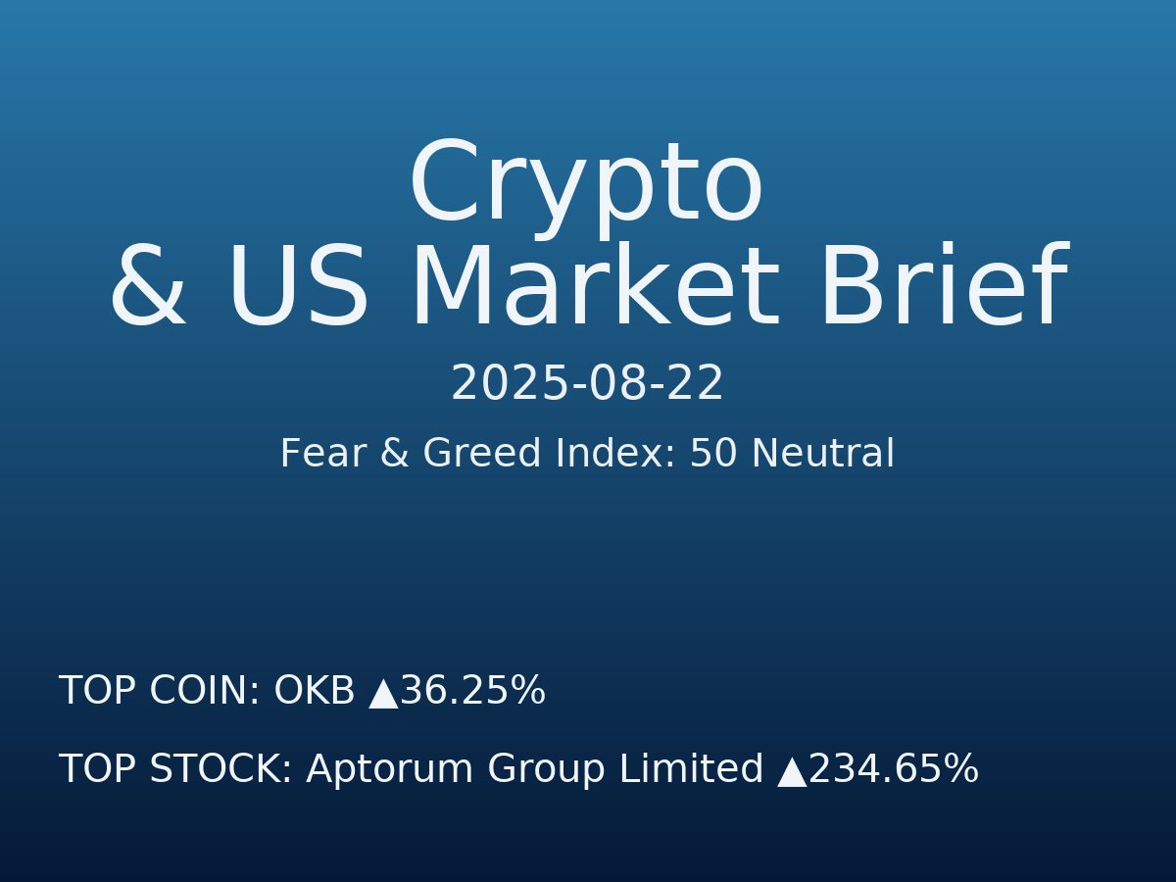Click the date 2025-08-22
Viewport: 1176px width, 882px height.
point(587,384)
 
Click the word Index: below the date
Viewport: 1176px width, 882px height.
point(615,455)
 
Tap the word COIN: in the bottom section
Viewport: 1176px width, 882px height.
point(205,692)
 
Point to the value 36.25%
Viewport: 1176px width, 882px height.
point(472,692)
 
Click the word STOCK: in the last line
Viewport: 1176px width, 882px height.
point(220,770)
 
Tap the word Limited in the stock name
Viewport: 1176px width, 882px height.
point(692,770)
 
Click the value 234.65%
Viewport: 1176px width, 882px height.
point(894,770)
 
